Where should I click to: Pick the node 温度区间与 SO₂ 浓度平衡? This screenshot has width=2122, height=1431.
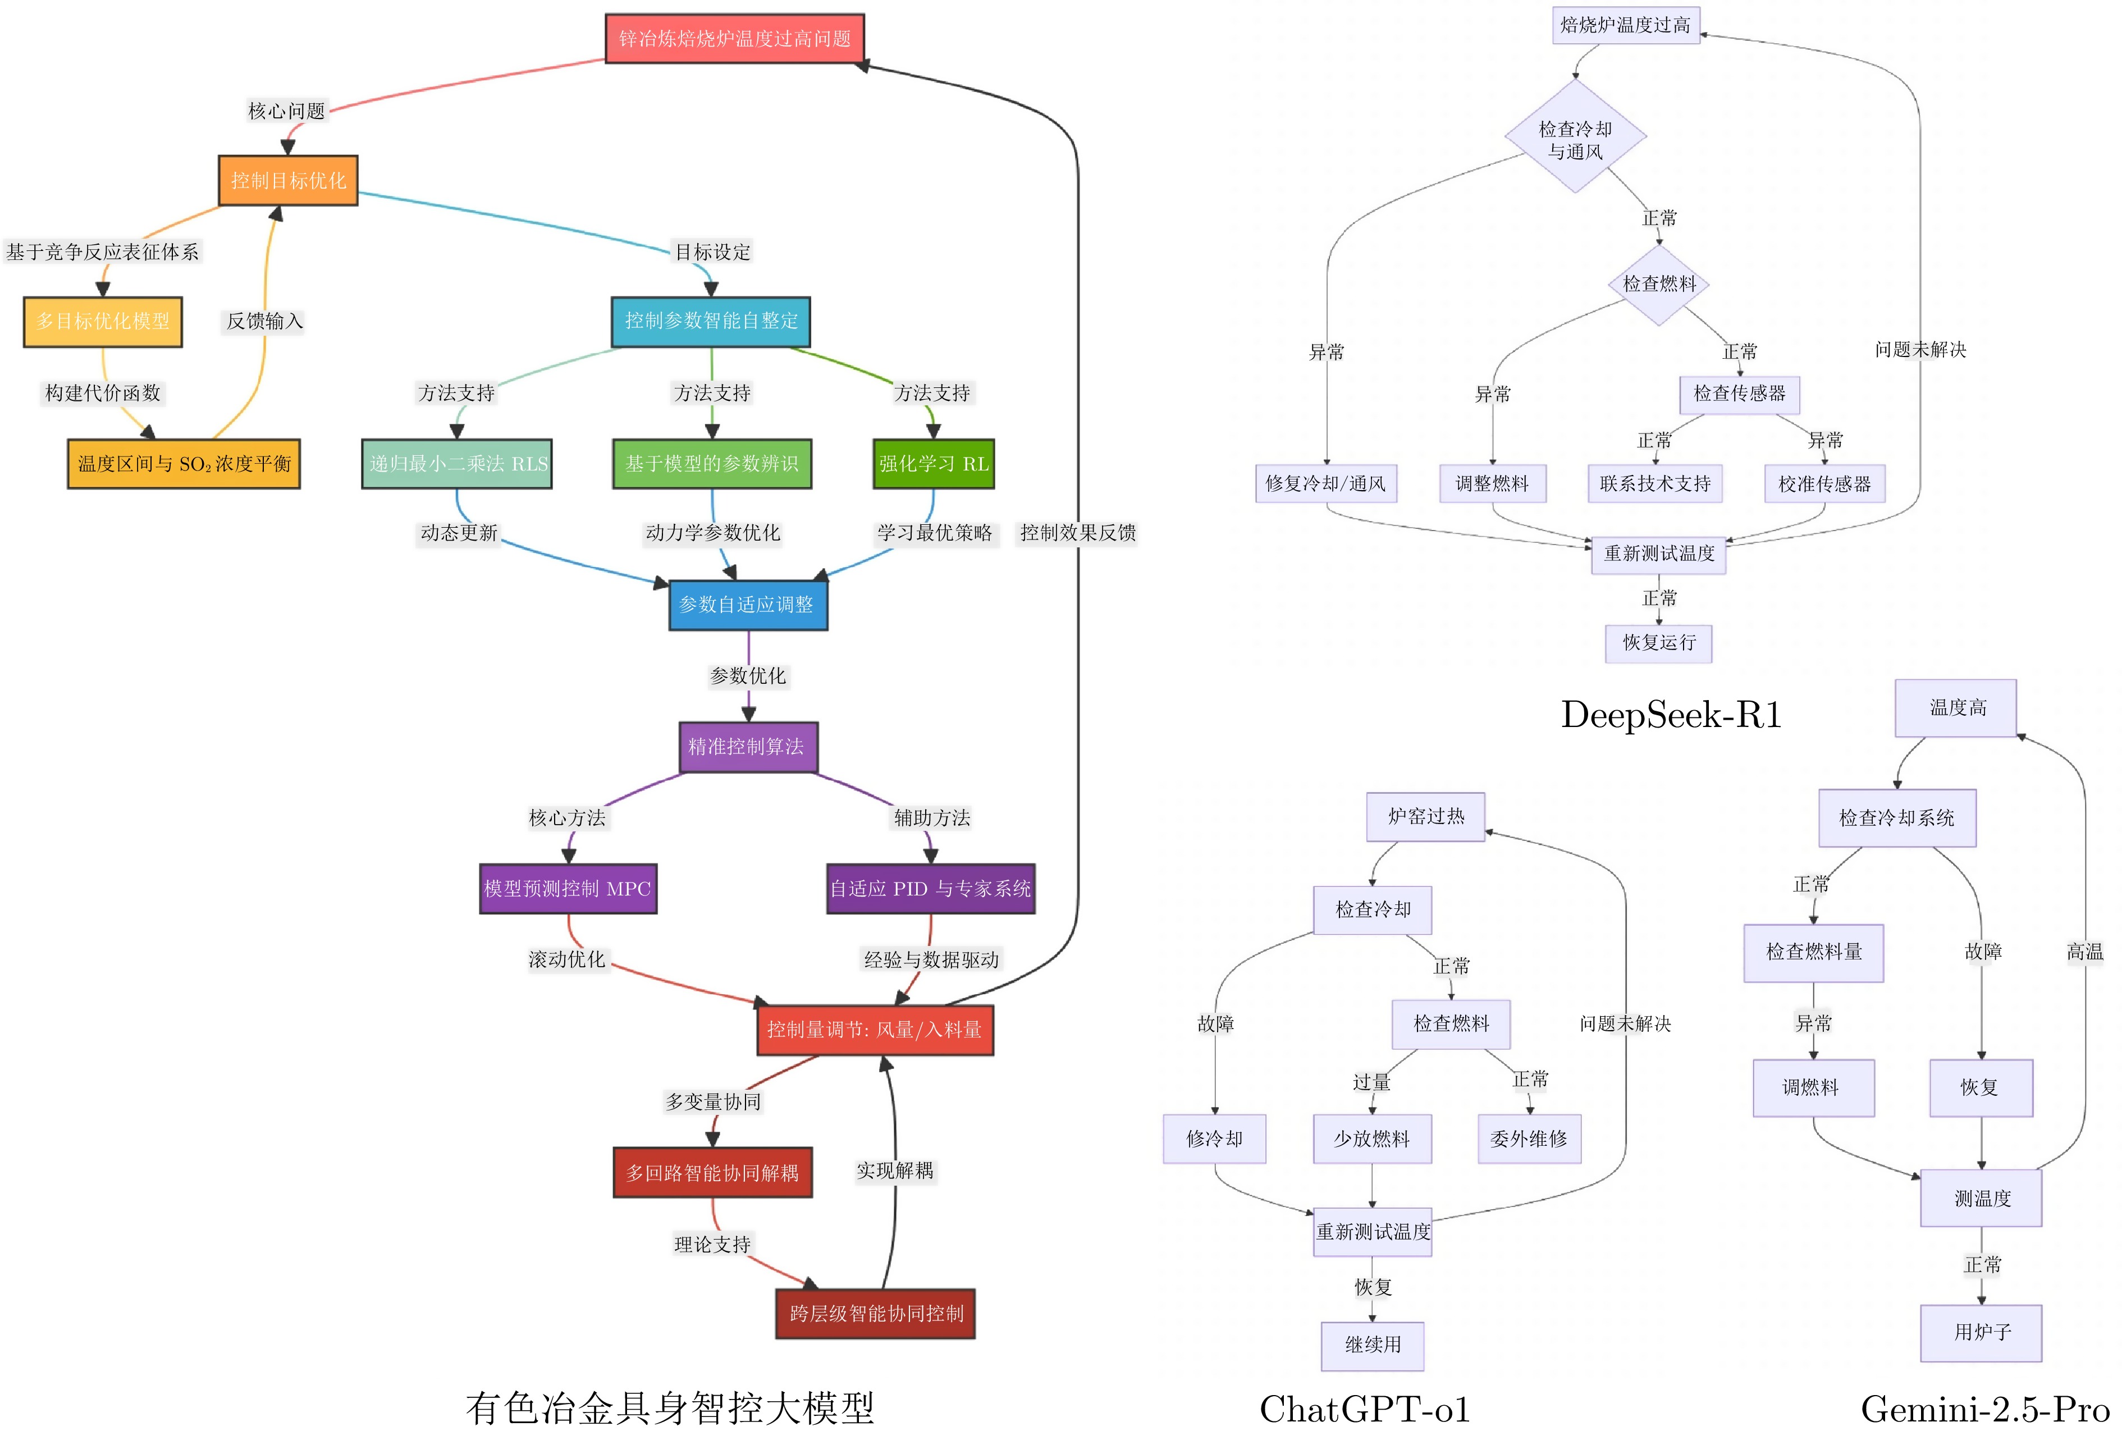[x=184, y=464]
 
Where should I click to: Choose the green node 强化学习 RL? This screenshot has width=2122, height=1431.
[x=933, y=464]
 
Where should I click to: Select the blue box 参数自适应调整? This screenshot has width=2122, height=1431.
[x=748, y=604]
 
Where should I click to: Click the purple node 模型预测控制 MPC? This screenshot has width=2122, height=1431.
[x=568, y=888]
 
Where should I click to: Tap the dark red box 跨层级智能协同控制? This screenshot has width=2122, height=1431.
[x=875, y=1313]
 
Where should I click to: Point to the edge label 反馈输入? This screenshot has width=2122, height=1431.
[x=264, y=321]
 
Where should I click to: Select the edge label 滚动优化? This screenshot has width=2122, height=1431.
[x=567, y=959]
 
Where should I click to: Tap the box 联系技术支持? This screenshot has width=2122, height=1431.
[x=1655, y=484]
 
